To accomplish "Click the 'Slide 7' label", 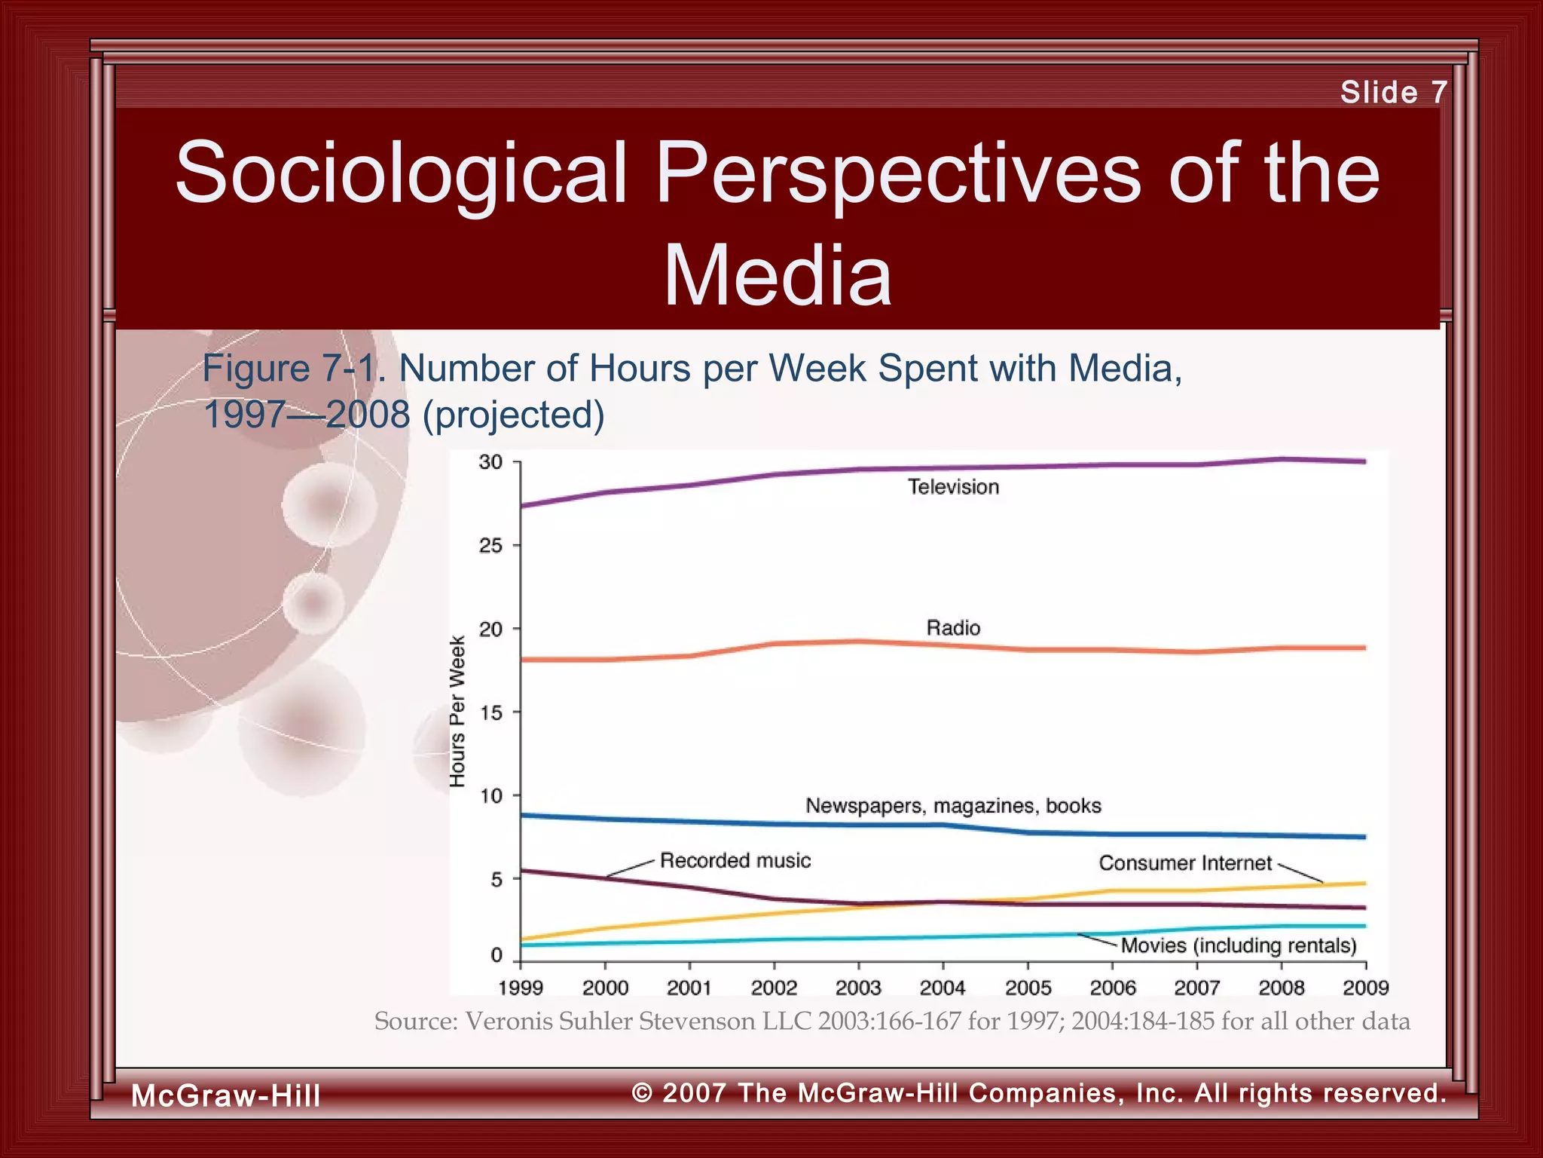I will point(1393,93).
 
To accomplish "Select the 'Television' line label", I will point(953,487).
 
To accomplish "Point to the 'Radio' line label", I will point(953,628).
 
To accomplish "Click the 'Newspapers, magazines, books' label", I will point(953,806).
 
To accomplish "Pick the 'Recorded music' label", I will point(735,861).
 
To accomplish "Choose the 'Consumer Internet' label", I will point(1184,863).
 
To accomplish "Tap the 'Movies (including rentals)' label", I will point(1239,945).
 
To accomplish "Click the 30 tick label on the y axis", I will point(490,462).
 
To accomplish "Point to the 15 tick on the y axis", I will point(490,712).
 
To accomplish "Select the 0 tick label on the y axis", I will point(497,955).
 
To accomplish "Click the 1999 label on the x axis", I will point(521,988).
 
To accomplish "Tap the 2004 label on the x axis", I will point(943,988).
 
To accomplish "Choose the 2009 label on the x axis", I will point(1365,988).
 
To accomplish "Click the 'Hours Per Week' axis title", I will point(457,712).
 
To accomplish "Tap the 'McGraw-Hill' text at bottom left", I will point(226,1095).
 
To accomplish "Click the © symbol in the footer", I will point(642,1092).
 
